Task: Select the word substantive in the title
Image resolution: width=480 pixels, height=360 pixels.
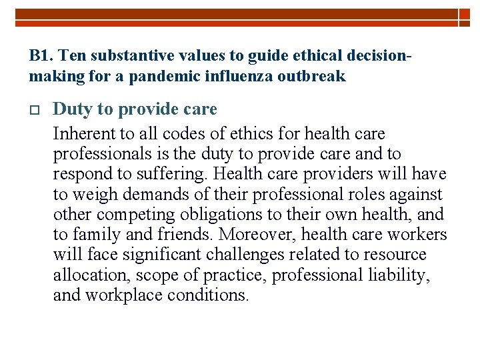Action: coord(117,55)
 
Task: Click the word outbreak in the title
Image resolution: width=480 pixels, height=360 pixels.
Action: coord(313,77)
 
